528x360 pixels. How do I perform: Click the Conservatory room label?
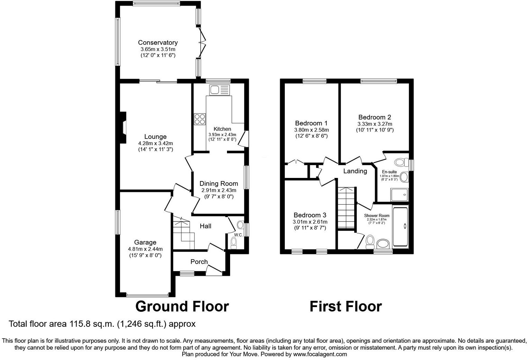[158, 43]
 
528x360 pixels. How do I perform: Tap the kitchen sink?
[219, 90]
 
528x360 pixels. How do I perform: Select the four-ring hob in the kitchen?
[200, 119]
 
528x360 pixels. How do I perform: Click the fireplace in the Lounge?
[123, 127]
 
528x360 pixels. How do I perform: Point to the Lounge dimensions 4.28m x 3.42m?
[155, 143]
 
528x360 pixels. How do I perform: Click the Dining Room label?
[219, 183]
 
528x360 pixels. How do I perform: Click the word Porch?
[199, 262]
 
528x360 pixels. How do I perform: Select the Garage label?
[145, 242]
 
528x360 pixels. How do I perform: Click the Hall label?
[206, 226]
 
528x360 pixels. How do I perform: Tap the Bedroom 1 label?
[311, 123]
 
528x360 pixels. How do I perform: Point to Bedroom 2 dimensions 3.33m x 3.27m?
[375, 124]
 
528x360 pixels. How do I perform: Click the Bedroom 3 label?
[310, 215]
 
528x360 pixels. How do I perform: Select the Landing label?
[355, 171]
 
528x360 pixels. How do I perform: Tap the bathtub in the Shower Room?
[400, 226]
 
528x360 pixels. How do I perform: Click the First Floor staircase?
[347, 208]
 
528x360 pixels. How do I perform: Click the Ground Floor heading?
[182, 306]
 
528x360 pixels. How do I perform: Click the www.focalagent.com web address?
[320, 354]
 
